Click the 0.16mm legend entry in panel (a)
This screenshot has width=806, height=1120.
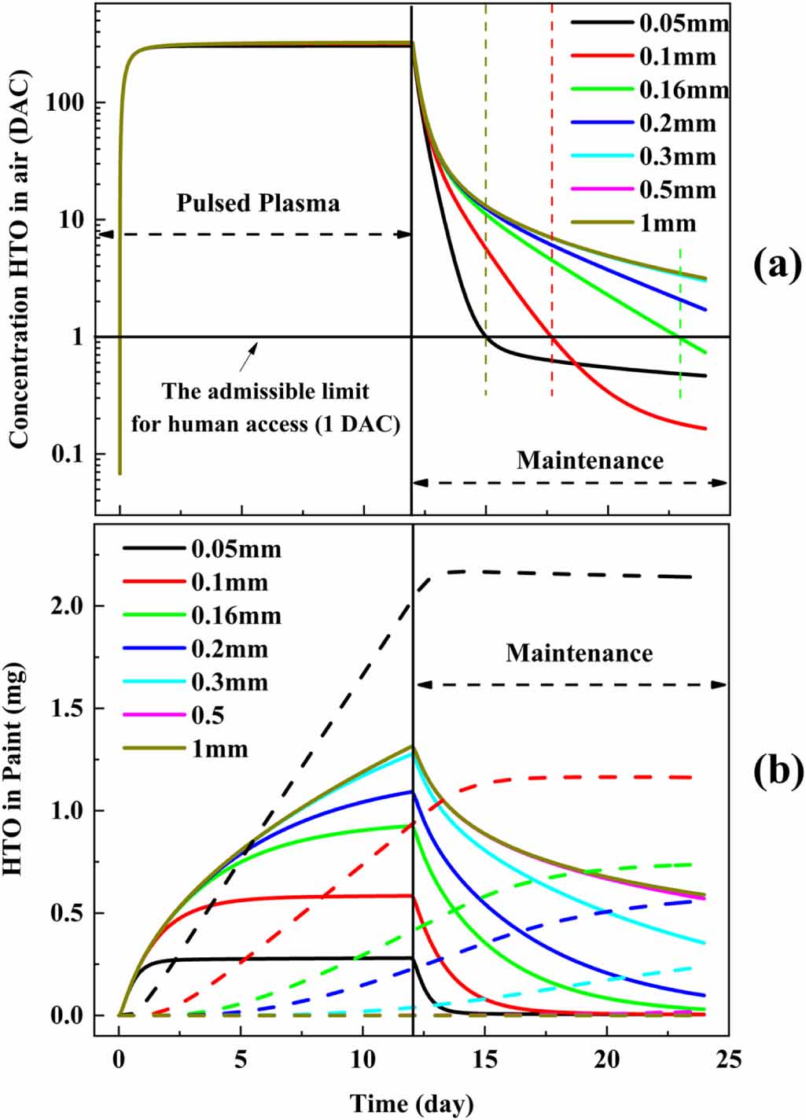683,90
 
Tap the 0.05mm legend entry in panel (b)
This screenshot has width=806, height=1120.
235,548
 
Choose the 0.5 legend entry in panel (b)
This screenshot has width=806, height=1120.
208,715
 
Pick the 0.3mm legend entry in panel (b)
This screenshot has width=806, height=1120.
229,682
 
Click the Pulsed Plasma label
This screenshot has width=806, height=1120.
258,203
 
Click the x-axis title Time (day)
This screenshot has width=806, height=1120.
412,1103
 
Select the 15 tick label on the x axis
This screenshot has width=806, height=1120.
485,1059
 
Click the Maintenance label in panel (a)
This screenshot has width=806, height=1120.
590,460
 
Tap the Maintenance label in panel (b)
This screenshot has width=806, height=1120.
579,653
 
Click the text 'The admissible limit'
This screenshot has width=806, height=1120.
266,391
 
